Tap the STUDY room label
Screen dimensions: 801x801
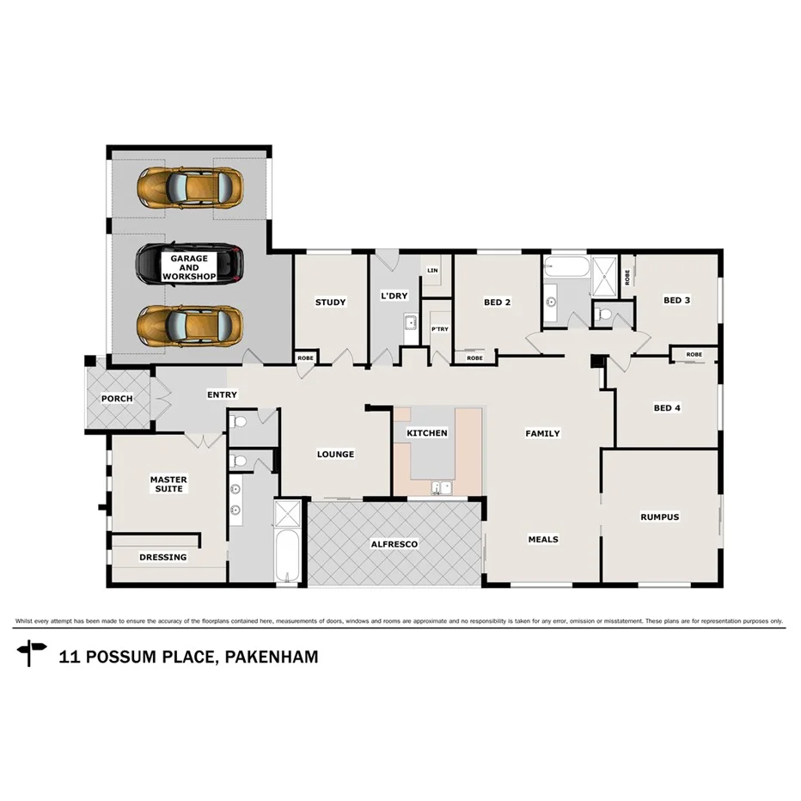point(330,302)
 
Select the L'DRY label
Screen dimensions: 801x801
point(394,297)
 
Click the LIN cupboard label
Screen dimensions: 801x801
point(431,270)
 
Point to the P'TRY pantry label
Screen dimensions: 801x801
point(439,329)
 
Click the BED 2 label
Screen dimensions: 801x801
point(497,302)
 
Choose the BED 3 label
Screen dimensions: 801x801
point(676,300)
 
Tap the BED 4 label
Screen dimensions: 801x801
point(667,407)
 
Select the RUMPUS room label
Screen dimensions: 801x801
point(659,517)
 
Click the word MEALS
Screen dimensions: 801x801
point(542,540)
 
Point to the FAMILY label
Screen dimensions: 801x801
point(542,433)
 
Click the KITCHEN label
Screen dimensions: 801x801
point(427,432)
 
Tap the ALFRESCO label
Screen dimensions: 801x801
point(394,544)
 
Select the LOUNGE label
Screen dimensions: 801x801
point(335,454)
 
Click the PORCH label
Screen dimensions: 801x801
point(117,399)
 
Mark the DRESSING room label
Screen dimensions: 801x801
point(162,557)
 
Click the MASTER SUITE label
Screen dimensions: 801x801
point(168,484)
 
